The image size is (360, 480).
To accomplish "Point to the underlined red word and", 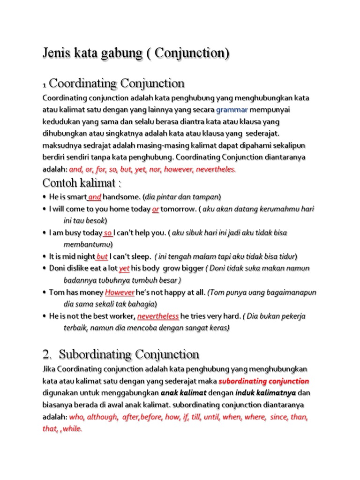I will coord(95,197).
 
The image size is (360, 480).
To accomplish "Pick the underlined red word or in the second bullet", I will coord(155,209).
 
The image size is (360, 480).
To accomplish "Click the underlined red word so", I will coord(108,233).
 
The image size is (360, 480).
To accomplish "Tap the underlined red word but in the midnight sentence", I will coord(102,257).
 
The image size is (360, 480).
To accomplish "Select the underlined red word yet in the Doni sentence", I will coord(124,269).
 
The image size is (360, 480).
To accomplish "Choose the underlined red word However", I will coord(120,292).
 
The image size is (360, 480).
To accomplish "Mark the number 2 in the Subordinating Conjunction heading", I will coord(46,354).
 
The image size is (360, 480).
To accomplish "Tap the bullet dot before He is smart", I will coord(44,197).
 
